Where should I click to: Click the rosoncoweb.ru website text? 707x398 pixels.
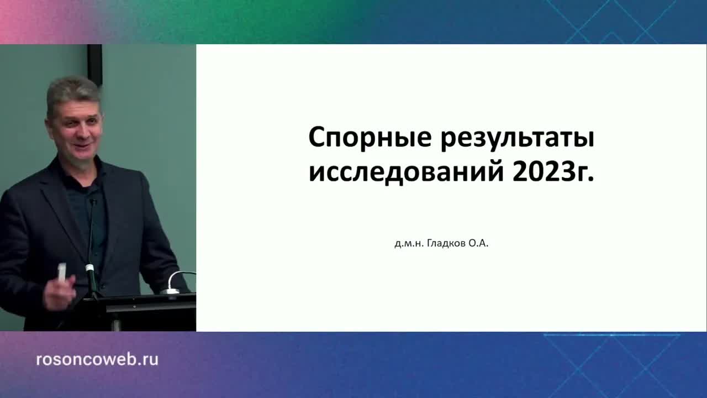pyautogui.click(x=97, y=359)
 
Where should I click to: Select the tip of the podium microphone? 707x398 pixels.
pyautogui.click(x=93, y=202)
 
